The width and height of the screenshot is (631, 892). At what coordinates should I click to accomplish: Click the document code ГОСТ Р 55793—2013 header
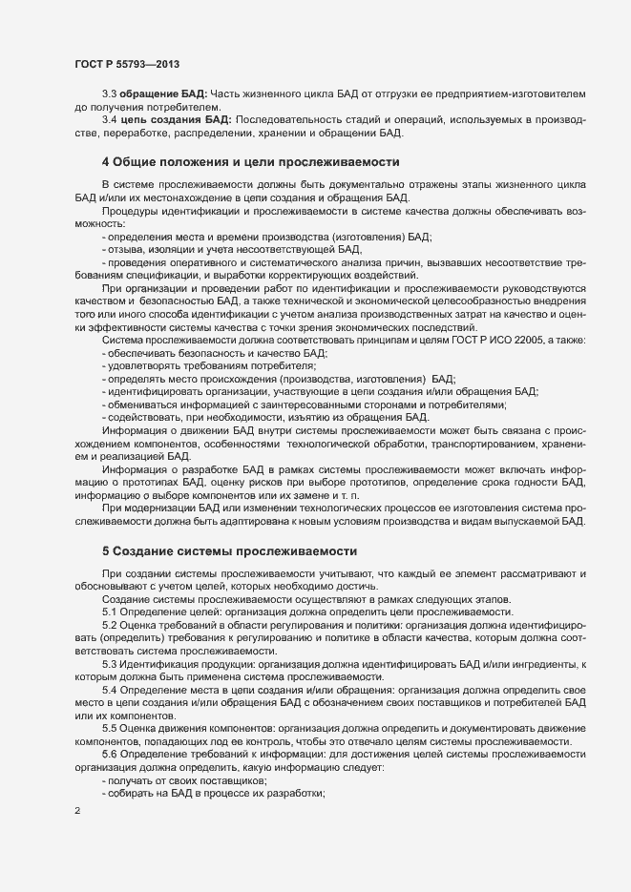point(126,64)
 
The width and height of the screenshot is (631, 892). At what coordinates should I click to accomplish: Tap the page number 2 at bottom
point(76,812)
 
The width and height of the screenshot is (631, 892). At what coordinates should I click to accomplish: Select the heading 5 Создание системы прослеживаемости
point(229,551)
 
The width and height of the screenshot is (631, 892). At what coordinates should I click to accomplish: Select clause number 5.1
point(110,611)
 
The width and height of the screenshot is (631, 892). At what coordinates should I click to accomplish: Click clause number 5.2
point(110,625)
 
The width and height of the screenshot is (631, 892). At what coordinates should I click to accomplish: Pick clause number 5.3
point(110,663)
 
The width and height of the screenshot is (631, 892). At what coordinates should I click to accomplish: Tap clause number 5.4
point(110,690)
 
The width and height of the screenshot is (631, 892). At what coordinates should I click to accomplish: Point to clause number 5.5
point(110,729)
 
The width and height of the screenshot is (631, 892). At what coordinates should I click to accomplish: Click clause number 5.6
point(110,756)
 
